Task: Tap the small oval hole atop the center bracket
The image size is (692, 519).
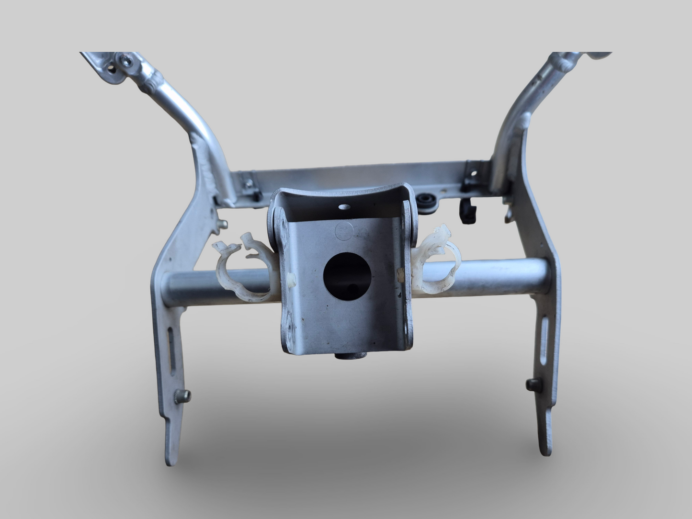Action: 343,207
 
